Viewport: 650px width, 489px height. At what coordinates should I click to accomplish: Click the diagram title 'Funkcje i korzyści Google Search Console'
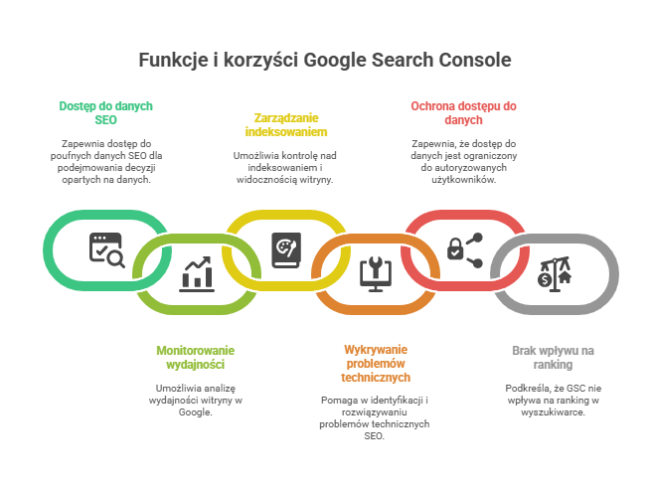(x=325, y=60)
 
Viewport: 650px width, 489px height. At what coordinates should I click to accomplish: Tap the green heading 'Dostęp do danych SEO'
(x=105, y=112)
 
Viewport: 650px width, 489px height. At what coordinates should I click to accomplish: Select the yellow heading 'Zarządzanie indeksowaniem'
(x=286, y=124)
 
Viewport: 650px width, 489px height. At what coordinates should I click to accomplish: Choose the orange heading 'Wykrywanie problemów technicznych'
(x=375, y=364)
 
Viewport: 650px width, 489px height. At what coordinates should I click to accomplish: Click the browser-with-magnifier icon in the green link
(x=106, y=248)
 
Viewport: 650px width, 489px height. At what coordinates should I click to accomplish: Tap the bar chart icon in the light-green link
(x=196, y=272)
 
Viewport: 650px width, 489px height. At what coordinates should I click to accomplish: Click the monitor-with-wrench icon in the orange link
(x=375, y=272)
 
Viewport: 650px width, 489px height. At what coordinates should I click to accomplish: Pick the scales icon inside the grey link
(x=553, y=272)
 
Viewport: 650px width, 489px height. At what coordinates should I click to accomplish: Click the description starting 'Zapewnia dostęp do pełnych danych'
(x=106, y=162)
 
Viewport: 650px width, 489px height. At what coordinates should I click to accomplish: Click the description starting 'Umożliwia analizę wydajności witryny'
(x=197, y=400)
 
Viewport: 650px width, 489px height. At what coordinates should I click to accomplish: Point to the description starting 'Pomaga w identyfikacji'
(x=375, y=416)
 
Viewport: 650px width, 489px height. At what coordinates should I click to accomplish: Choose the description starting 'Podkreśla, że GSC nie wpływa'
(x=553, y=400)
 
